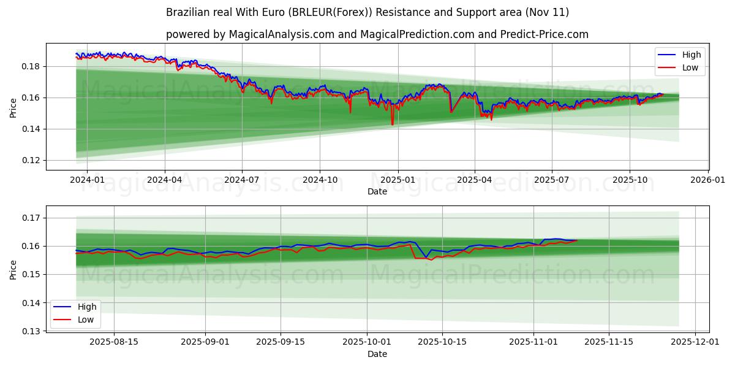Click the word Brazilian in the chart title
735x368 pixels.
tap(186, 12)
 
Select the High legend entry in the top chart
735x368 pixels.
tap(692, 55)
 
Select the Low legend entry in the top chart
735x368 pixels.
tap(690, 67)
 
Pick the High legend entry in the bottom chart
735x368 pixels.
tap(87, 307)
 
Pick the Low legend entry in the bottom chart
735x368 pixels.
tap(86, 320)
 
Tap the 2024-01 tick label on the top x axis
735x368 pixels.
tap(87, 180)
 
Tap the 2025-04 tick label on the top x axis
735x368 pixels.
tap(475, 180)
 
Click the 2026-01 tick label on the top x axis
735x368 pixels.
tap(708, 180)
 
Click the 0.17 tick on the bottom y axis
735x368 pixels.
tap(31, 218)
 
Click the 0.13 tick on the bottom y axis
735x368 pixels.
tap(31, 331)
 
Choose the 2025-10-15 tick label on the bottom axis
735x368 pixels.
tap(443, 342)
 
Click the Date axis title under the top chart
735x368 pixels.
tap(377, 191)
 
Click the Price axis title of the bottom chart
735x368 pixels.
tap(13, 269)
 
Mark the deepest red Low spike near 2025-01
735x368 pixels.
tap(393, 125)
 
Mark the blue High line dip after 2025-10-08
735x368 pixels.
tap(426, 257)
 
